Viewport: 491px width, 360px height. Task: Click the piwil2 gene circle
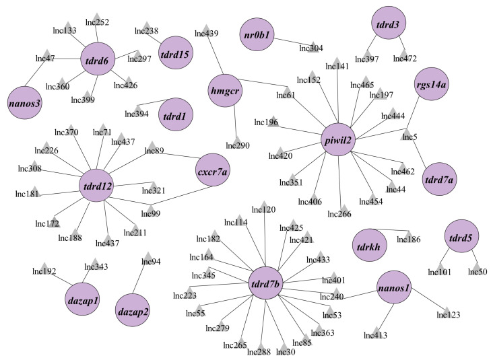[x=338, y=139]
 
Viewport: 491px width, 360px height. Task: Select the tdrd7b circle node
[x=265, y=283]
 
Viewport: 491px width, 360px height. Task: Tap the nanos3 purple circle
[x=25, y=102]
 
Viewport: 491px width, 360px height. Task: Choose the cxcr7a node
[x=213, y=170]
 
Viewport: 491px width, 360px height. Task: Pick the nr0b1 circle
[x=257, y=34]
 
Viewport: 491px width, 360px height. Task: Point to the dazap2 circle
[x=133, y=310]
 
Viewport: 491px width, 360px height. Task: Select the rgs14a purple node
[x=432, y=84]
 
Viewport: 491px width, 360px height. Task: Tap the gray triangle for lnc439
[x=205, y=28]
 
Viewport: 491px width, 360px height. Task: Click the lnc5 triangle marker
[x=407, y=133]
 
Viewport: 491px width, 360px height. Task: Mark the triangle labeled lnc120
[x=264, y=205]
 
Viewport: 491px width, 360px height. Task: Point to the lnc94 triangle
[x=147, y=256]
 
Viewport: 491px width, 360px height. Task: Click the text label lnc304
[x=311, y=48]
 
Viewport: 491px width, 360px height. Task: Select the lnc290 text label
[x=238, y=145]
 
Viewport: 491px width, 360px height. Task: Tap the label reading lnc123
[x=449, y=315]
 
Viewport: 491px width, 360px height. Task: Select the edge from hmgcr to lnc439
[x=214, y=52]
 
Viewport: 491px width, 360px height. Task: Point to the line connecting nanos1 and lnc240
[x=360, y=295]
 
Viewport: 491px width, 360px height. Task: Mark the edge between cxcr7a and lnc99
[x=182, y=196]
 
